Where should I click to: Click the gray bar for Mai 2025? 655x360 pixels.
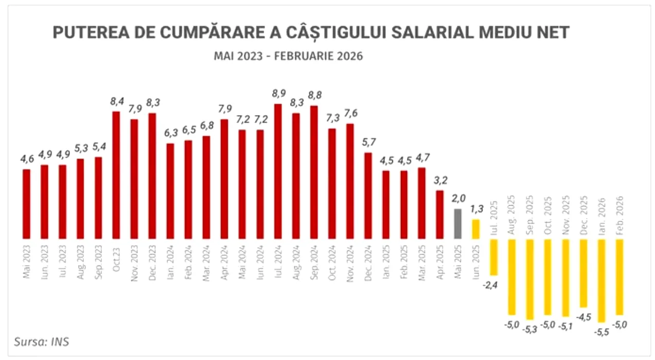[457, 224]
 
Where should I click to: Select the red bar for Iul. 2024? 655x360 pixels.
[278, 171]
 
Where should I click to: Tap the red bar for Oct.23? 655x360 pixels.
[116, 175]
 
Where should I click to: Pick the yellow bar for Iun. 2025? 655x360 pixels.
[476, 229]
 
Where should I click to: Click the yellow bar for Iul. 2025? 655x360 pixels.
[494, 257]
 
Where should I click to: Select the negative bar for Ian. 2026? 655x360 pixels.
[601, 280]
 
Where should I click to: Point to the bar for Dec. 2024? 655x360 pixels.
[368, 196]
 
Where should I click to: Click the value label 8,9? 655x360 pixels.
[278, 94]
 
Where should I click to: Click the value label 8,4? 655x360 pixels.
[116, 101]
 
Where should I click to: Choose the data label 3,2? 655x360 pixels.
[439, 181]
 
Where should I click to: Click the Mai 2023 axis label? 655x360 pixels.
[26, 262]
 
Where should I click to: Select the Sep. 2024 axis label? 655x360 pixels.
[313, 262]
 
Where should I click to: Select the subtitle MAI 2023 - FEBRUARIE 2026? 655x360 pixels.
[288, 56]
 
